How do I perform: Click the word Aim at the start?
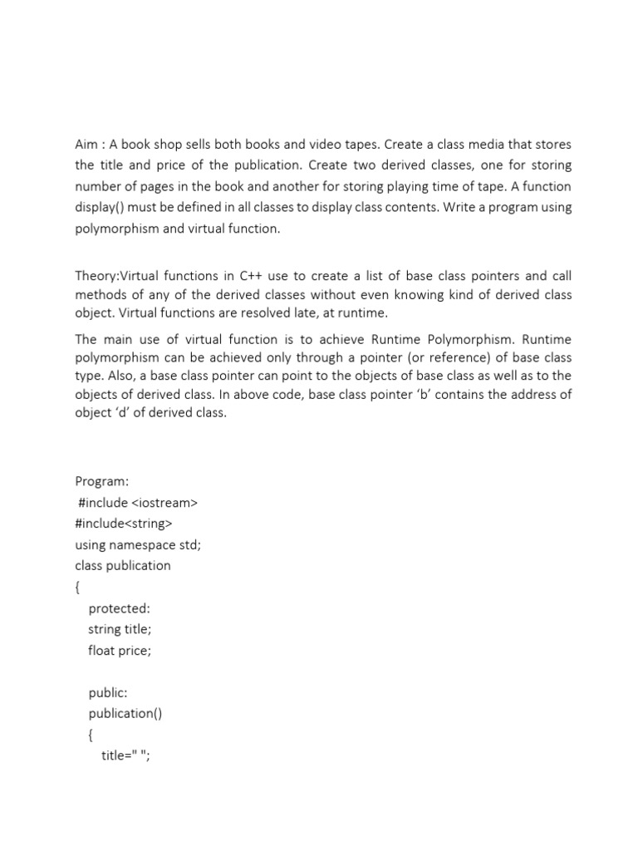[86, 145]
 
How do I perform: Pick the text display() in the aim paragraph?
[101, 207]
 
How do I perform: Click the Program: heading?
[101, 481]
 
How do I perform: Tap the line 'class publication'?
[123, 565]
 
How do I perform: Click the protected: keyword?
[119, 608]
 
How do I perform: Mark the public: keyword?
[107, 692]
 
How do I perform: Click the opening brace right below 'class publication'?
[78, 587]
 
